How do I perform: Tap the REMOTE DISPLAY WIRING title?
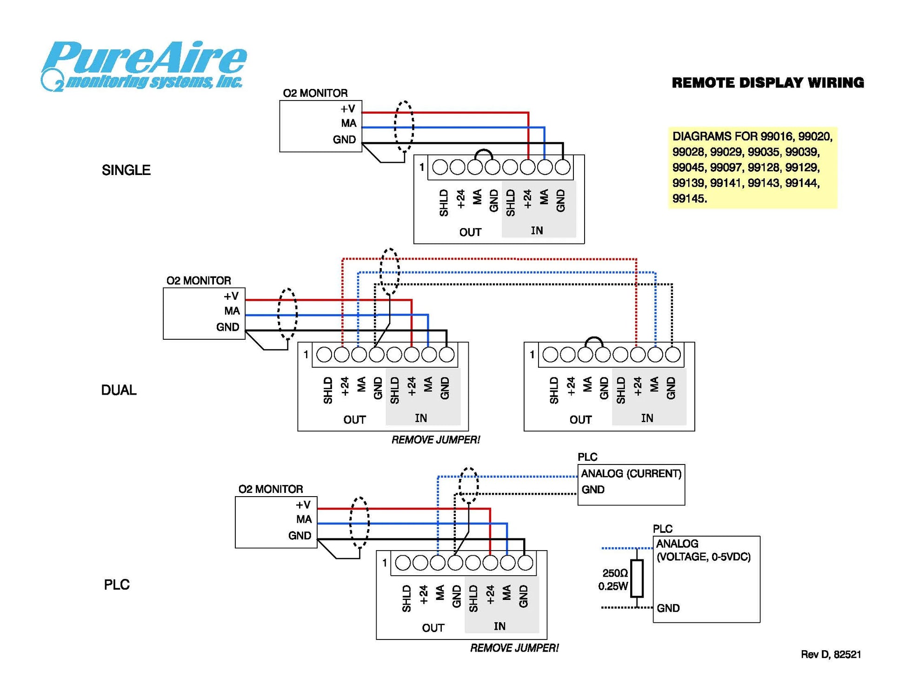click(x=767, y=83)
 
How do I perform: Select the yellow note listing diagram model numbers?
click(x=752, y=168)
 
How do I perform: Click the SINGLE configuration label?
click(x=126, y=170)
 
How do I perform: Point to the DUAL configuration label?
click(x=119, y=390)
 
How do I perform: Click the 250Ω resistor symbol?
click(x=637, y=579)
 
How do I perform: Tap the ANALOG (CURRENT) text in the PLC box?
click(x=631, y=474)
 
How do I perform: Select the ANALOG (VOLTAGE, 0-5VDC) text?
click(x=703, y=550)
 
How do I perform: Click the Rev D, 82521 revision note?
click(x=830, y=654)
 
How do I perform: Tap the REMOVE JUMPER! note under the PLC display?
click(x=514, y=648)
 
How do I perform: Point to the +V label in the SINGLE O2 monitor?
click(x=347, y=109)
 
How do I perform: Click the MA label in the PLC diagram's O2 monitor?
click(x=304, y=519)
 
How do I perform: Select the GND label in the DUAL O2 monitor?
click(x=227, y=327)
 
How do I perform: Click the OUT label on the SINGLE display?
click(x=470, y=232)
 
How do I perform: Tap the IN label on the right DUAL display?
click(x=647, y=418)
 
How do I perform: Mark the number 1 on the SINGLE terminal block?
click(x=421, y=167)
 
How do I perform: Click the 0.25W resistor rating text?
click(x=612, y=586)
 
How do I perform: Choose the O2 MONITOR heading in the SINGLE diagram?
click(x=315, y=93)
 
